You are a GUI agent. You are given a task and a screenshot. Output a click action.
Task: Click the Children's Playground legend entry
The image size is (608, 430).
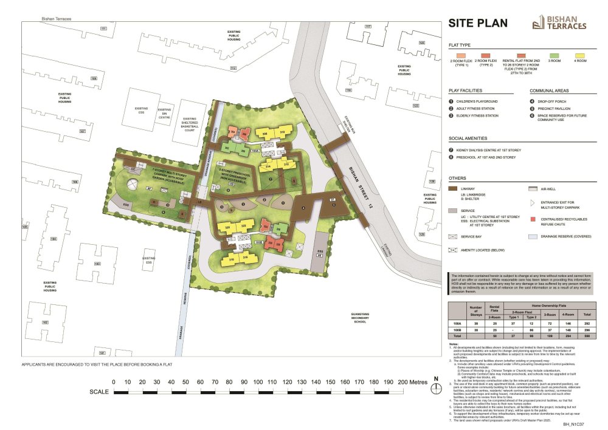coord(478,101)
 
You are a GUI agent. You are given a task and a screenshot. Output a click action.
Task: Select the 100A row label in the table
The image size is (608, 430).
coord(456,324)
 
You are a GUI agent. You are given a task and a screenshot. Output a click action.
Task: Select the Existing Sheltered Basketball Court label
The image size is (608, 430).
coord(190,125)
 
